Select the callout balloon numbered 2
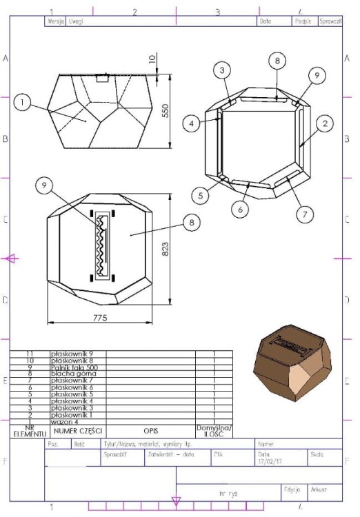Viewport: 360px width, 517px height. pos(324,123)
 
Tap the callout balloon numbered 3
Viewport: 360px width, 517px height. pos(222,70)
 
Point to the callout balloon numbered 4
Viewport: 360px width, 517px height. pos(192,123)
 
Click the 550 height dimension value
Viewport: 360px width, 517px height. pos(166,111)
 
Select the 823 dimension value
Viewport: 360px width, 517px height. pos(166,249)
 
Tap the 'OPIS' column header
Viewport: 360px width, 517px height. pos(150,430)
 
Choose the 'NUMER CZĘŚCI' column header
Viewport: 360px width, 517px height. pos(77,431)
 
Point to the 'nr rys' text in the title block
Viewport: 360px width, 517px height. pos(228,494)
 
